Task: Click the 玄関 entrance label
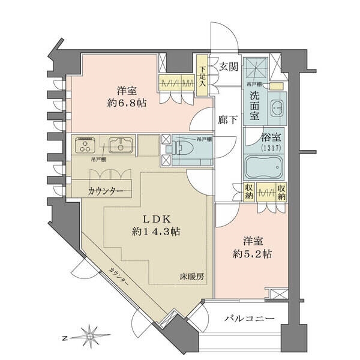(228, 67)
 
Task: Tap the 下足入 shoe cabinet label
(203, 76)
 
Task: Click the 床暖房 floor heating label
(191, 277)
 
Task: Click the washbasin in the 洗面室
(277, 109)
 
